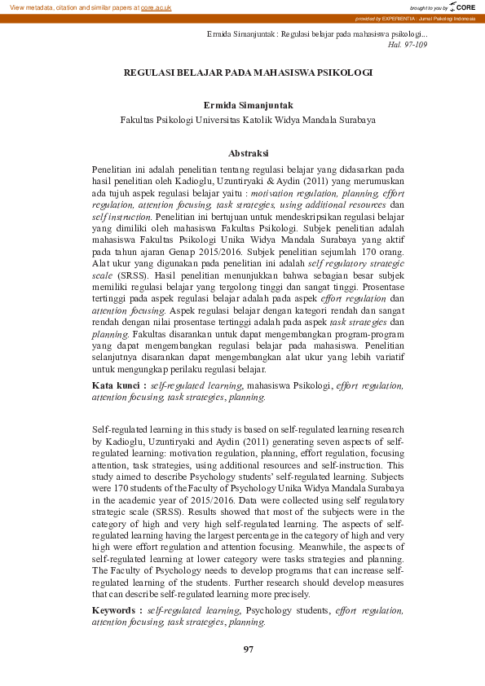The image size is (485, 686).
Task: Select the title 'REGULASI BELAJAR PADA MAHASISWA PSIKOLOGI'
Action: click(248, 73)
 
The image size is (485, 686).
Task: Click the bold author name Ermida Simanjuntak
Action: click(248, 105)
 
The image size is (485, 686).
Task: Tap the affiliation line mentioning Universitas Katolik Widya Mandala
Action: click(248, 119)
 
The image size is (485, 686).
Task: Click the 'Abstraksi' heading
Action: click(248, 152)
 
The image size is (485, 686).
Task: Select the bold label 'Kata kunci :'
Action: click(118, 385)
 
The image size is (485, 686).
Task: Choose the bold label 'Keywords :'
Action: click(117, 609)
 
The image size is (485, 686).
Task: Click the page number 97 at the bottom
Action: click(249, 649)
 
